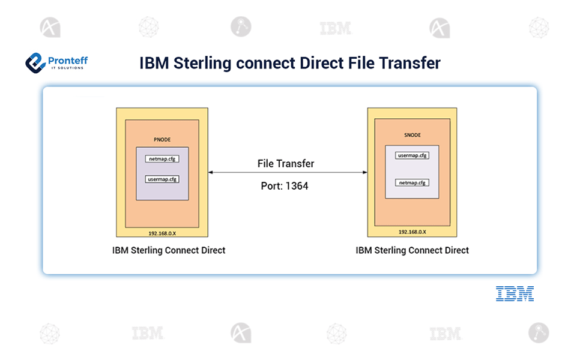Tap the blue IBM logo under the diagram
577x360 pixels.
[515, 293]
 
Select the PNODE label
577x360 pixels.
[162, 139]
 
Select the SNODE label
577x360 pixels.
[412, 135]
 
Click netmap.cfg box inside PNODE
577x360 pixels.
[162, 160]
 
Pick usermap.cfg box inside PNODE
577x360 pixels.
[162, 179]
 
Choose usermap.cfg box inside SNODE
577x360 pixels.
[412, 156]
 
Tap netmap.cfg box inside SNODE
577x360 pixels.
[412, 182]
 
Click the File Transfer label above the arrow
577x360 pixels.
[286, 163]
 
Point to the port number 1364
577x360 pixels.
[297, 186]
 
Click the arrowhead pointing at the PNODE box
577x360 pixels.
[211, 172]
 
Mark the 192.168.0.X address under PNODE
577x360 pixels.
[162, 232]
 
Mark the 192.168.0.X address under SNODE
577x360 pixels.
[412, 232]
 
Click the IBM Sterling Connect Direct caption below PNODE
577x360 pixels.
[169, 250]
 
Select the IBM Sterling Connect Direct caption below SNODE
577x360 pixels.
[412, 250]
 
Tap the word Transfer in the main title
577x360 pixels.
[412, 63]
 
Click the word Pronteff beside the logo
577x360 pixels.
[67, 60]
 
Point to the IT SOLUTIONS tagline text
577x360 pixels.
[67, 68]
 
